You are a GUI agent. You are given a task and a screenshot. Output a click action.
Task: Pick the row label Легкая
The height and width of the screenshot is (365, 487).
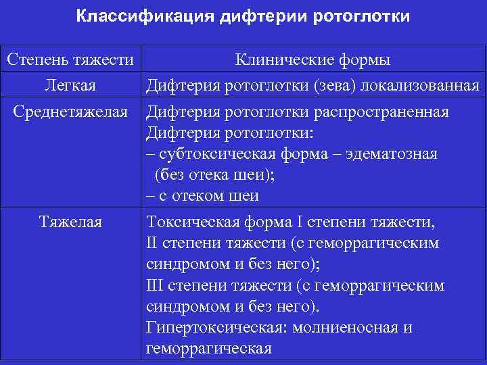tap(70, 86)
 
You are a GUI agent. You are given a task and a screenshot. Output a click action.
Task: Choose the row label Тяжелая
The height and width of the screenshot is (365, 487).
tap(70, 221)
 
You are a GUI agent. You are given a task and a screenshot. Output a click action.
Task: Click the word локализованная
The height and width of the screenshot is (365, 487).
tap(422, 86)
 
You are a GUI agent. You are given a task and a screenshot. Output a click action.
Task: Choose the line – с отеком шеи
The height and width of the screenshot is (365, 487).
tap(202, 196)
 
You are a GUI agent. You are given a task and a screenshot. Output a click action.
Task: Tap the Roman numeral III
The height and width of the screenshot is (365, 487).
tap(154, 285)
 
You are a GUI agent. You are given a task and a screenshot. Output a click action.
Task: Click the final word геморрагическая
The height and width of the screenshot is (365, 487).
tap(208, 349)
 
